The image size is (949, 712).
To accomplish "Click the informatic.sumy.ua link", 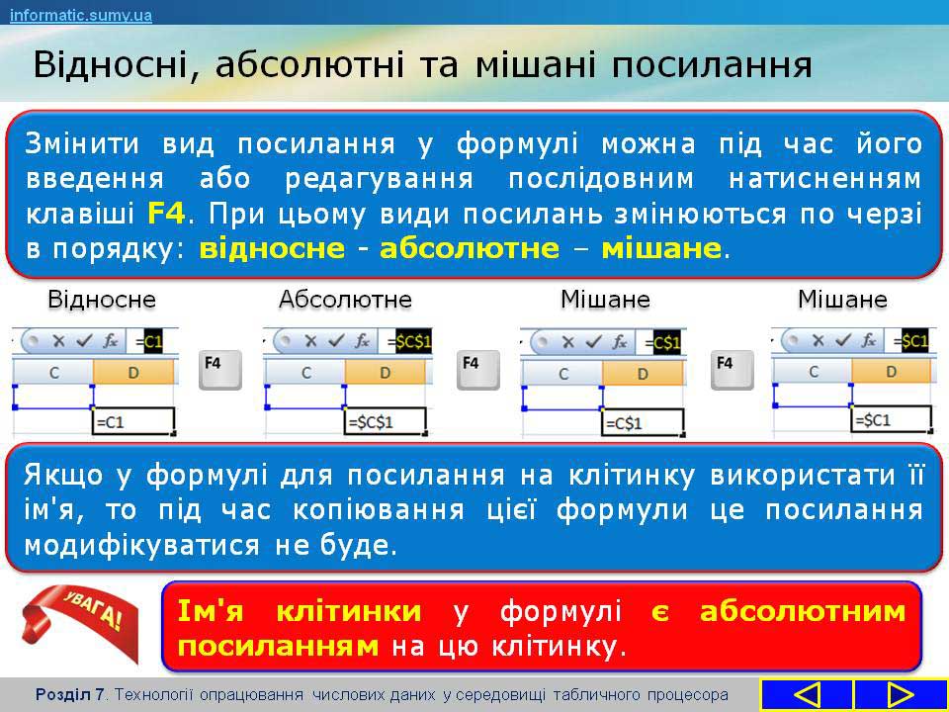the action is pyautogui.click(x=80, y=15).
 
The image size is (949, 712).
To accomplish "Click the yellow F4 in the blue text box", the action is pyautogui.click(x=166, y=214).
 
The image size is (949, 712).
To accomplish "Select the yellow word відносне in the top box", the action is pyautogui.click(x=273, y=249).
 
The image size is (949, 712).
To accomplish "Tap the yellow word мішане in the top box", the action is pyautogui.click(x=661, y=249).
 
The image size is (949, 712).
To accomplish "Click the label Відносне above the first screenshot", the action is pyautogui.click(x=102, y=299).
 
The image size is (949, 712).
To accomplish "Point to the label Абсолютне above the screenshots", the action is pyautogui.click(x=345, y=299).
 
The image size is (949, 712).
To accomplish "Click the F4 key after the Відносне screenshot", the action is pyautogui.click(x=219, y=369).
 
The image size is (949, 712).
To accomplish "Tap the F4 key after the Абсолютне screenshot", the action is pyautogui.click(x=477, y=369).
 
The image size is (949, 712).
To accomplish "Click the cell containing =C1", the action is pyautogui.click(x=133, y=421).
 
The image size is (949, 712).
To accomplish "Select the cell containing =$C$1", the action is pyautogui.click(x=386, y=421).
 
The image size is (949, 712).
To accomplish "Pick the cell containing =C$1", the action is pyautogui.click(x=643, y=422).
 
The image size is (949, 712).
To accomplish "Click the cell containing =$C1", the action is pyautogui.click(x=891, y=419).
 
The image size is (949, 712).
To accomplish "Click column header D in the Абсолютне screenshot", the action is pyautogui.click(x=385, y=373).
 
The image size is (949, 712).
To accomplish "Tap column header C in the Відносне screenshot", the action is pyautogui.click(x=53, y=373).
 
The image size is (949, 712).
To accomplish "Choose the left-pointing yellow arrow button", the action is pyautogui.click(x=806, y=695).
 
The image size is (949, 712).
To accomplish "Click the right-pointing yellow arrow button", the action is pyautogui.click(x=901, y=695).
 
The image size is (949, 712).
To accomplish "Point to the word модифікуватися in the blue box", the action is pyautogui.click(x=141, y=545).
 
